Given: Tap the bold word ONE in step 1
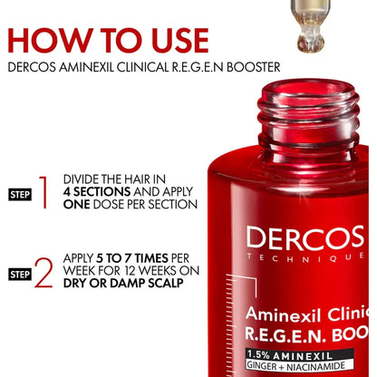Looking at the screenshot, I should [x=79, y=205].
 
